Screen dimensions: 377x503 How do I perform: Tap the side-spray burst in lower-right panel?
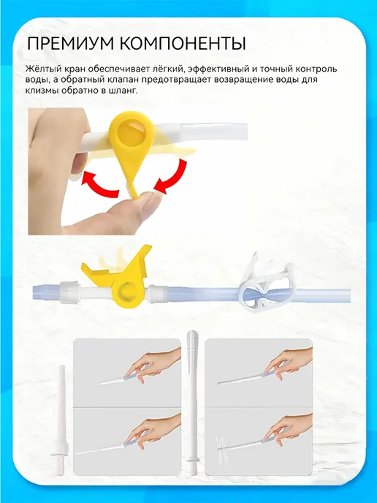[223, 445]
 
